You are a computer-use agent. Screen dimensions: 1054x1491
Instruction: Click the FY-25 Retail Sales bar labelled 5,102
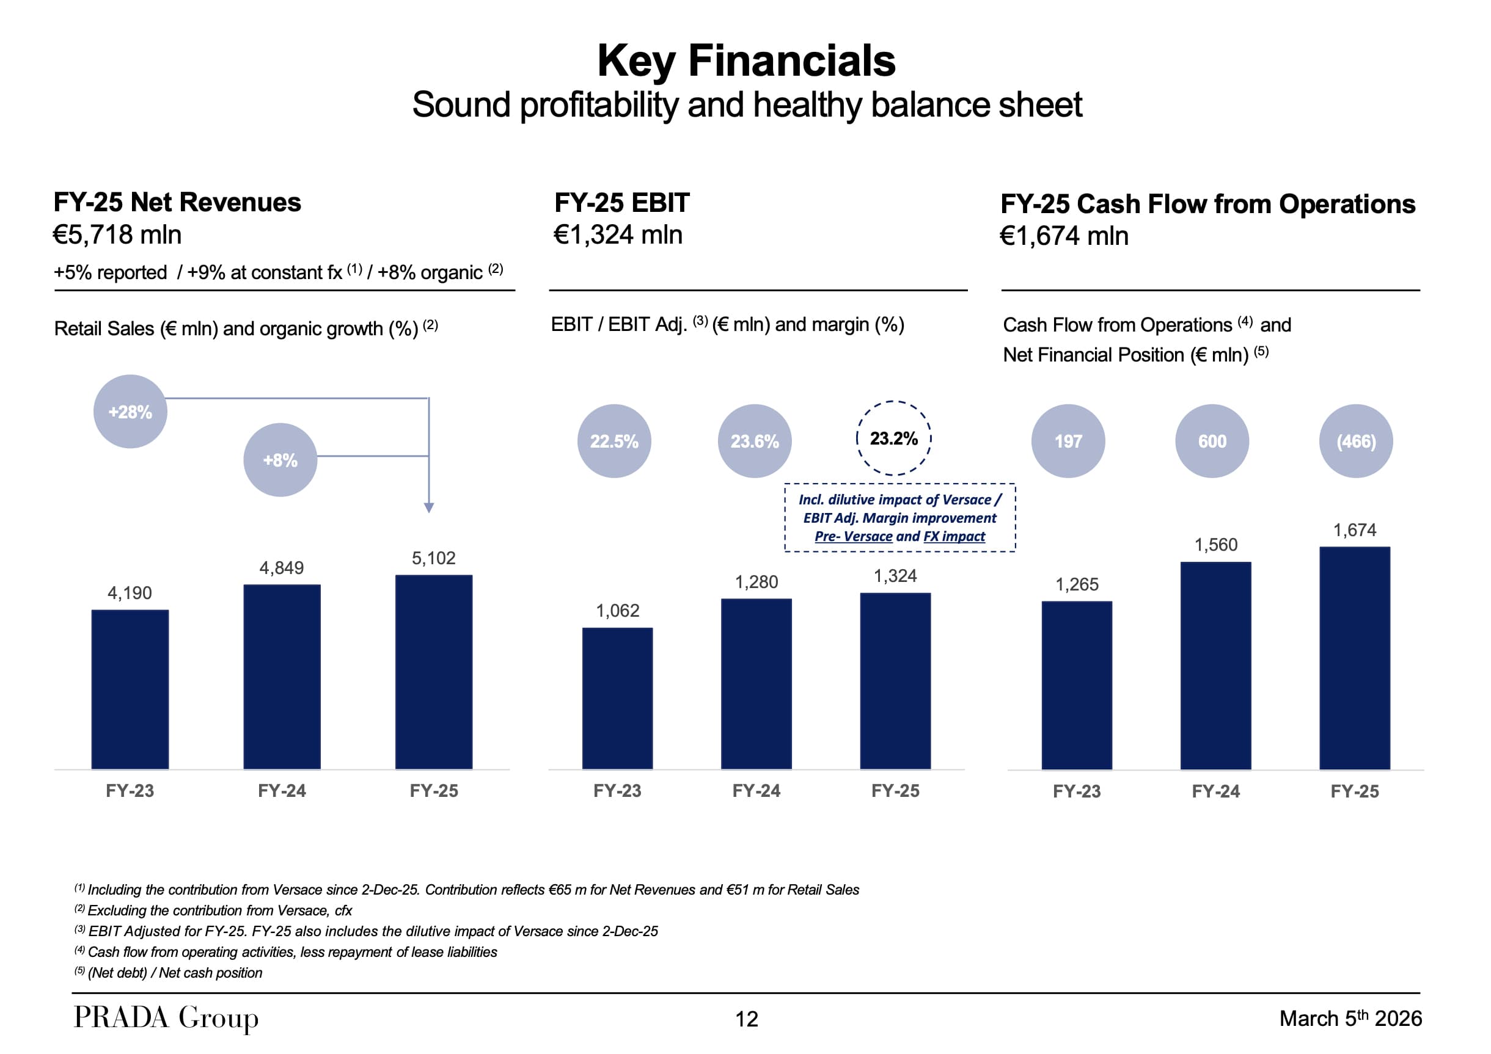(x=434, y=672)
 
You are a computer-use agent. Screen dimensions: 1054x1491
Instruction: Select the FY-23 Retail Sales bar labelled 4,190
(x=130, y=689)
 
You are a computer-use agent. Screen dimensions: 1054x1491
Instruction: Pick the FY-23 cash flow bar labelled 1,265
(x=1077, y=685)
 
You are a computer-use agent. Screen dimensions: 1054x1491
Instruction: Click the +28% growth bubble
(x=131, y=412)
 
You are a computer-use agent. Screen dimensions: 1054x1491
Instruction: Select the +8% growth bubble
(x=280, y=460)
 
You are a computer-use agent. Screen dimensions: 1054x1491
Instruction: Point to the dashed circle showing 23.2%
(x=893, y=438)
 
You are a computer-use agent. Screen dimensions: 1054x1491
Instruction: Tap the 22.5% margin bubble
(x=614, y=442)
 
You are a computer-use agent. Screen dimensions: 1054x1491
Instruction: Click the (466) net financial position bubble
(x=1356, y=442)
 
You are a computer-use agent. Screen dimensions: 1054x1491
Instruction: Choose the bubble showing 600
(x=1212, y=442)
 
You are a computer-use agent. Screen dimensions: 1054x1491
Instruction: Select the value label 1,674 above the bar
(x=1355, y=530)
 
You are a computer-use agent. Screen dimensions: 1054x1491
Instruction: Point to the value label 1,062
(x=618, y=610)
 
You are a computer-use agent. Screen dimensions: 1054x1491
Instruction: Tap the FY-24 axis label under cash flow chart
(x=1215, y=791)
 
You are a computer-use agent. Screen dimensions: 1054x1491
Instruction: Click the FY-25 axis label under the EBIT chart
(x=895, y=790)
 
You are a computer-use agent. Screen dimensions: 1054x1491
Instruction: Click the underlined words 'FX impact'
(x=954, y=536)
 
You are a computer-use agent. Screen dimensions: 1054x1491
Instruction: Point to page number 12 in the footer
(x=746, y=1019)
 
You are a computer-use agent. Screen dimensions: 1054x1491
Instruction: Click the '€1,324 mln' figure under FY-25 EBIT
(x=618, y=235)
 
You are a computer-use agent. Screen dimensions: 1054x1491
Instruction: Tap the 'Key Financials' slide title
(x=746, y=60)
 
